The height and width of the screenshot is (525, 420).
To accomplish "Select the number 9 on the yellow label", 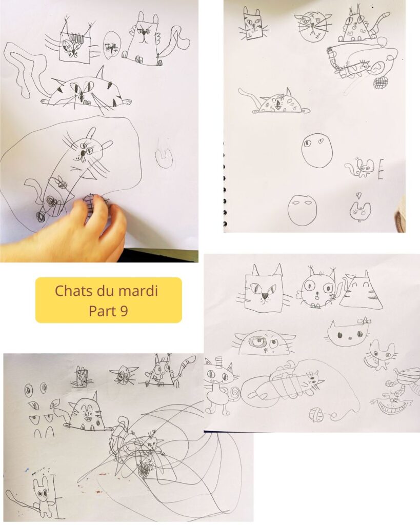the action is [x=124, y=311].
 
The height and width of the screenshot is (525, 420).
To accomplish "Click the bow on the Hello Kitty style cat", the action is [x=365, y=321].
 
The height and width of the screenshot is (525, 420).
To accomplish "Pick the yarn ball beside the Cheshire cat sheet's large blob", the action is [x=316, y=414].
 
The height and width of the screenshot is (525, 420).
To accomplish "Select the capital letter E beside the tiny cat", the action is [x=381, y=170].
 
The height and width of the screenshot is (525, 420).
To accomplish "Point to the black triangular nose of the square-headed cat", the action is [x=265, y=296].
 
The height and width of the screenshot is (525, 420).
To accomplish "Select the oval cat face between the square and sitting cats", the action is [x=111, y=45].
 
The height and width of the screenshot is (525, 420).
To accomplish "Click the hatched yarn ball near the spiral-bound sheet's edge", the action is [x=380, y=83].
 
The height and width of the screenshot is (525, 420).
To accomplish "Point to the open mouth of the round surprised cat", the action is [x=317, y=296].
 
